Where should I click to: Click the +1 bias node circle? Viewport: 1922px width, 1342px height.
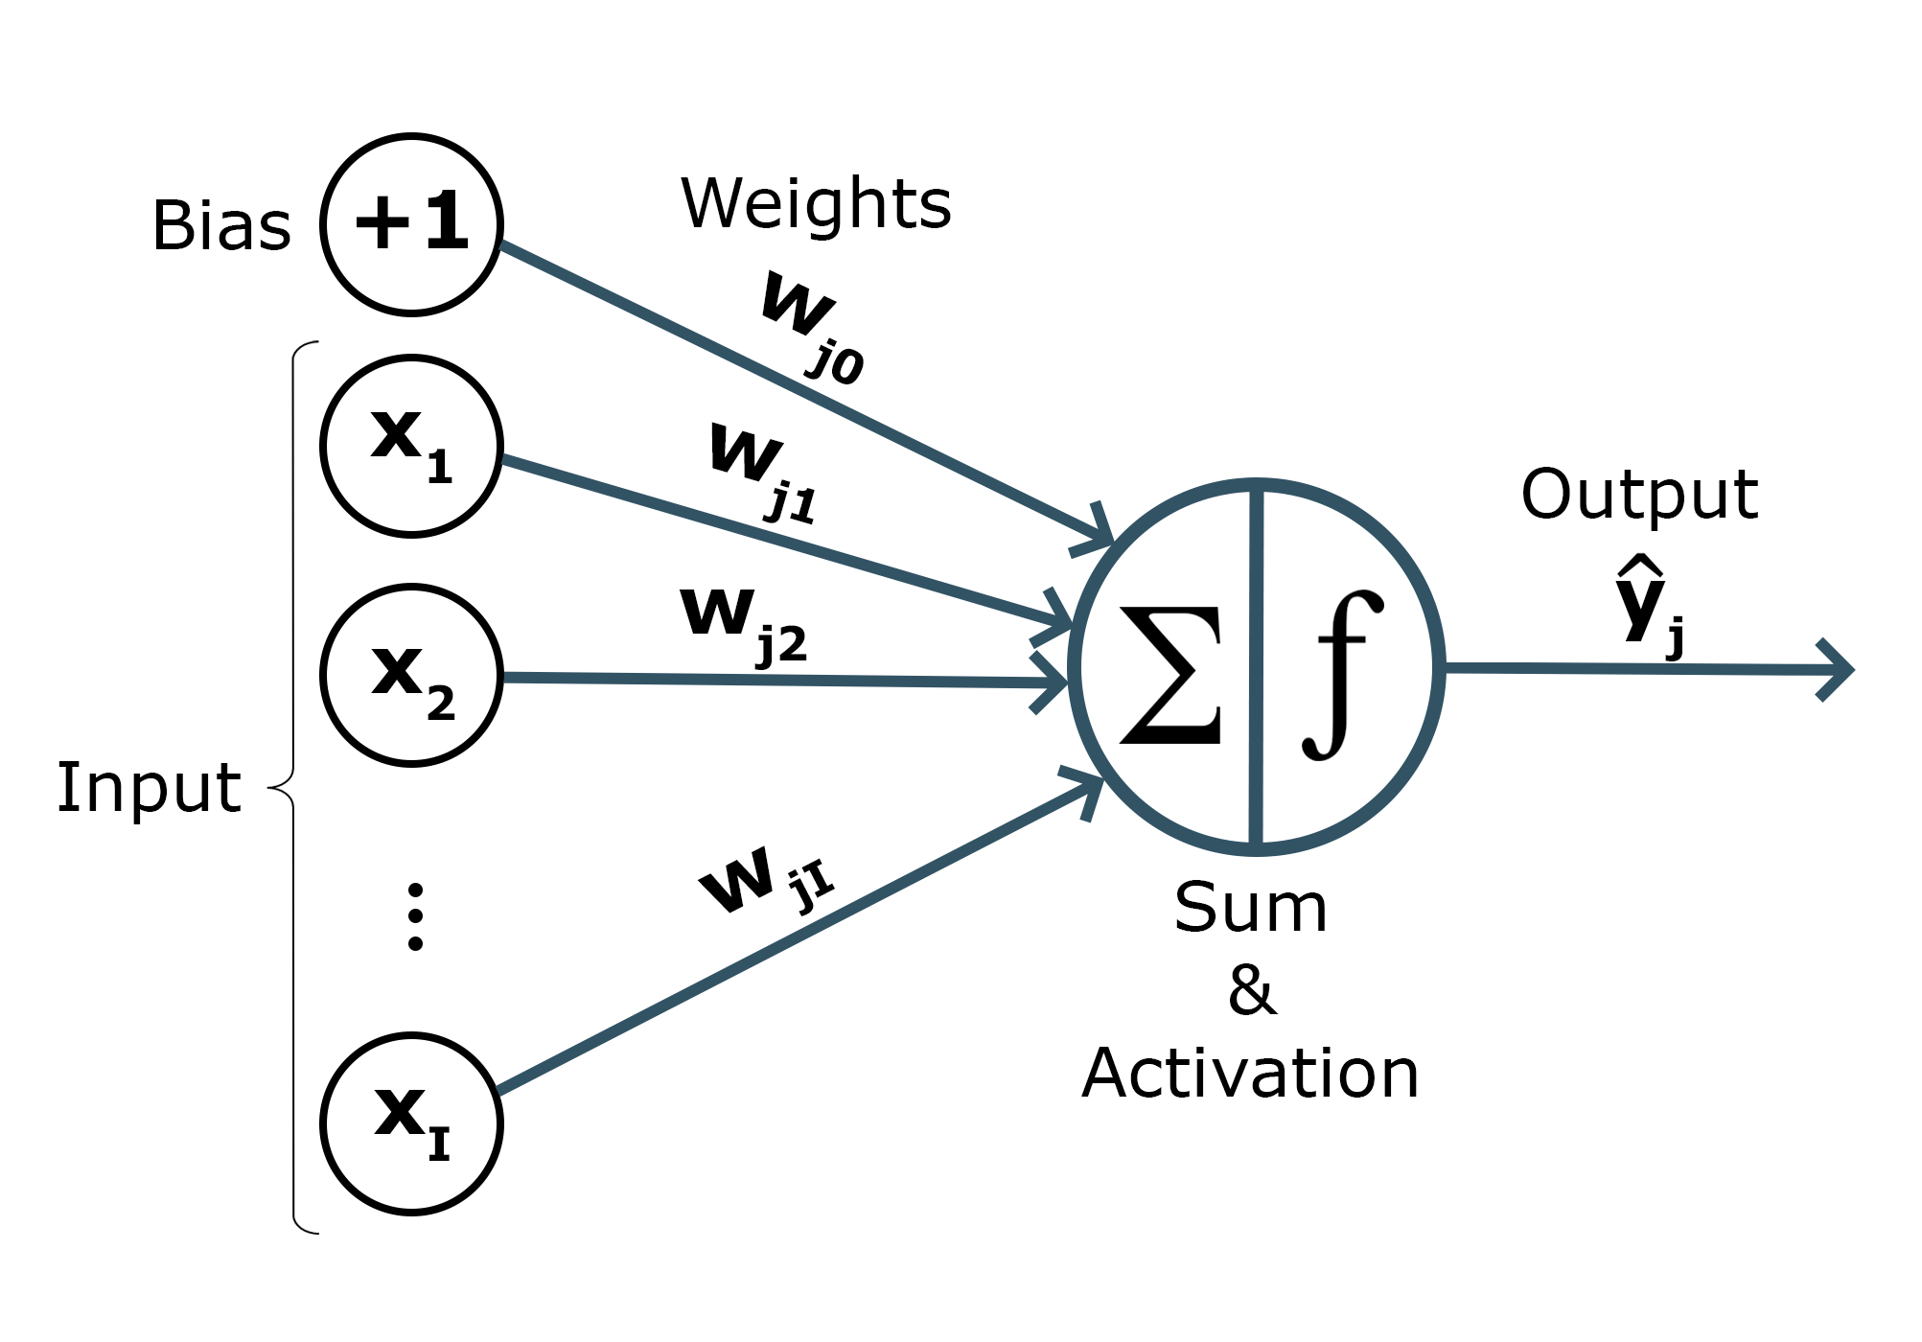coord(411,224)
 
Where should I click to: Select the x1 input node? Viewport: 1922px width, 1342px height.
coord(411,446)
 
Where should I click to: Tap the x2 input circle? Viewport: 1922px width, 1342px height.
coord(411,675)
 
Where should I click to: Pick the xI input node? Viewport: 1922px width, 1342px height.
coord(411,1123)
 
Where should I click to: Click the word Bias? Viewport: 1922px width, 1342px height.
coord(221,226)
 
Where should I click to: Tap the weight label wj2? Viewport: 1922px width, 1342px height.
coord(743,623)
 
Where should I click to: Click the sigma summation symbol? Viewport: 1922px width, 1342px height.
coord(1171,675)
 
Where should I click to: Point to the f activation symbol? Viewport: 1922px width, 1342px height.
coord(1342,675)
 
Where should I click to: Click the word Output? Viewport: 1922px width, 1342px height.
coord(1639,495)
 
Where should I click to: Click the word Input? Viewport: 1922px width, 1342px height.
coord(149,788)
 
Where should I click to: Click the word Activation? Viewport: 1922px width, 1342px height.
coord(1250,1074)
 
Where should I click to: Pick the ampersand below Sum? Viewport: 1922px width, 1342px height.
coord(1252,990)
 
